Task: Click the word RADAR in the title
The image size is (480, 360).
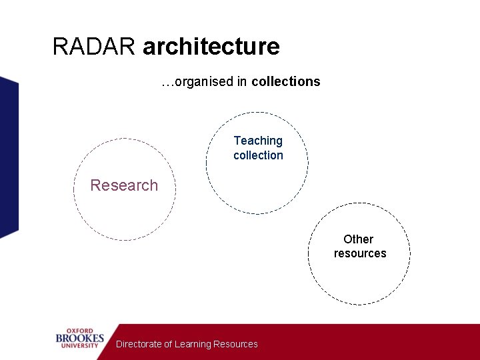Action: [x=95, y=47]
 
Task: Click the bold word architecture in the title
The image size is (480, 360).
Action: [x=211, y=47]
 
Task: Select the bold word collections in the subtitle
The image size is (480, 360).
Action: [x=285, y=82]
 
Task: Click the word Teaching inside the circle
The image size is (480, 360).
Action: [x=258, y=141]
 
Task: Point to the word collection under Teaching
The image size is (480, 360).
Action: [x=258, y=155]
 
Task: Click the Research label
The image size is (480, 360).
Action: [x=124, y=185]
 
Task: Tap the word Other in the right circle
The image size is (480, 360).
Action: [x=358, y=239]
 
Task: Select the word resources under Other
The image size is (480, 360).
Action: [x=360, y=253]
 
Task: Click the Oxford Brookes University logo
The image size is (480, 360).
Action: [x=80, y=339]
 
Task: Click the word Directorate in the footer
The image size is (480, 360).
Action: [x=139, y=344]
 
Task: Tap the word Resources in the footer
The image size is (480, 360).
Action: [x=235, y=344]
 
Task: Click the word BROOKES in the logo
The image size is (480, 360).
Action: [x=80, y=339]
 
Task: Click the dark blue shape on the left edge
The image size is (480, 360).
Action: [x=8, y=157]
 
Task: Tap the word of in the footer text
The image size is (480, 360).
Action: [x=168, y=344]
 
